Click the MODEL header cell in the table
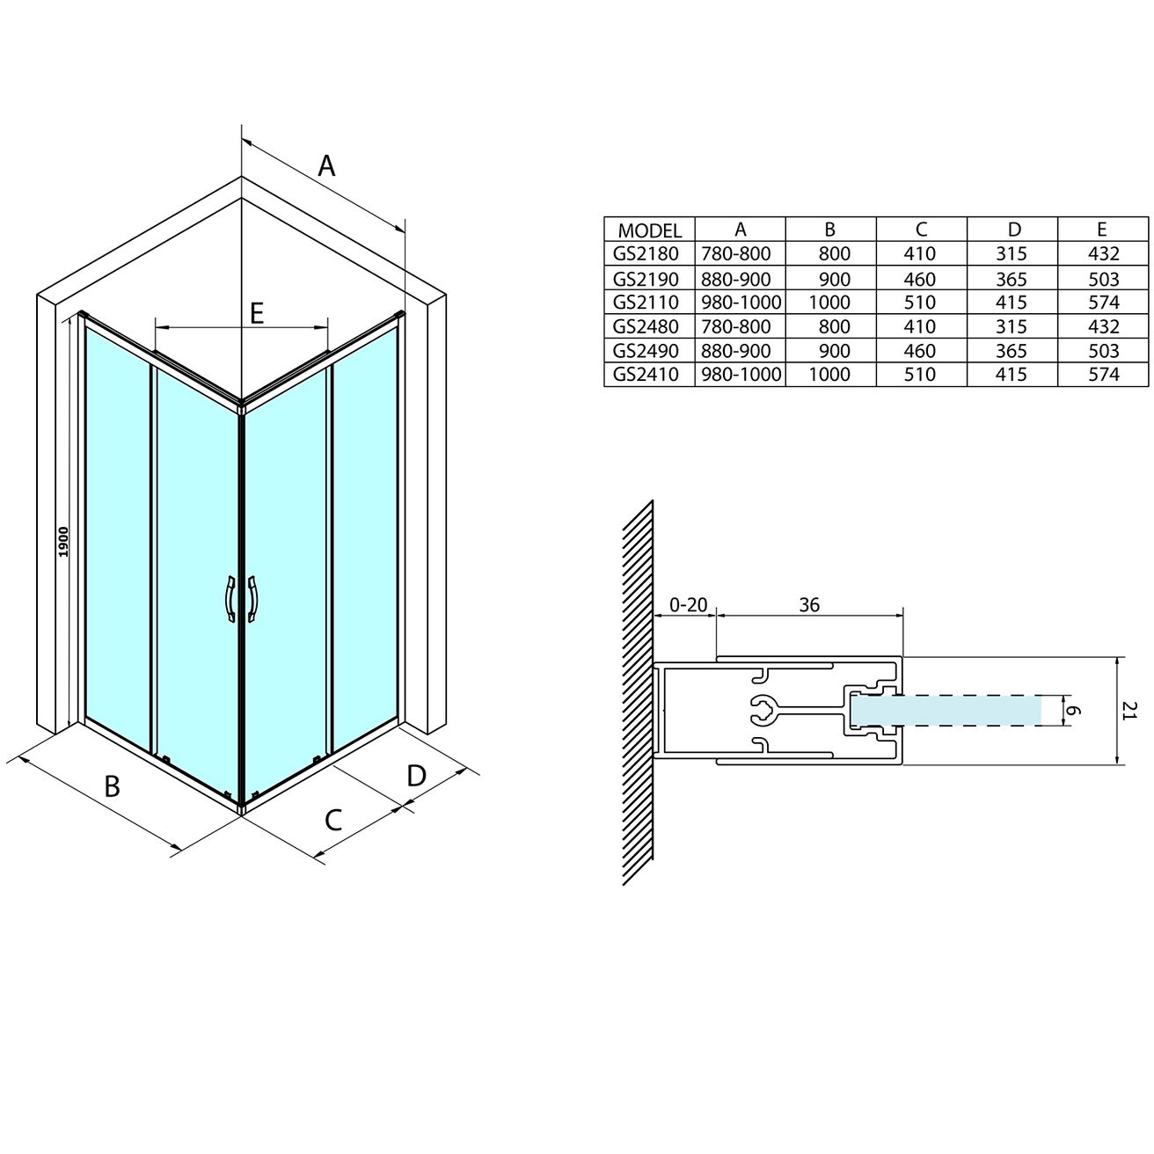[x=649, y=230]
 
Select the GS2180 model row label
[x=646, y=254]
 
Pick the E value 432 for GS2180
[x=1103, y=254]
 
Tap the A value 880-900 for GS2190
[x=736, y=279]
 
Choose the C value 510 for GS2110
[x=920, y=303]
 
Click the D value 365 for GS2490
[x=1012, y=350]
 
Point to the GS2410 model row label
[x=646, y=375]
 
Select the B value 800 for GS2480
[x=834, y=326]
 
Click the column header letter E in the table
[x=1102, y=230]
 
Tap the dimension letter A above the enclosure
[x=326, y=165]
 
